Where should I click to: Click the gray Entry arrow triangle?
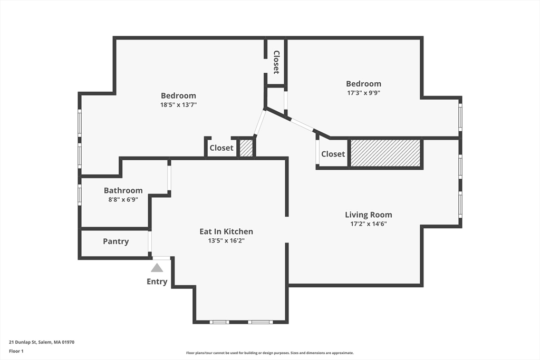click(157, 268)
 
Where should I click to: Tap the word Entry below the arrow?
click(157, 281)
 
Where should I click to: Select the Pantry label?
click(115, 241)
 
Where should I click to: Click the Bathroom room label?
click(123, 190)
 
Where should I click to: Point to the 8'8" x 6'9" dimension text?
click(123, 199)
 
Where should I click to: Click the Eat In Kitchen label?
click(226, 231)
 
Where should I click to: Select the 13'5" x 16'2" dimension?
click(226, 240)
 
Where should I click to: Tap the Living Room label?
click(369, 215)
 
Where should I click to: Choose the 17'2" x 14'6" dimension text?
click(369, 223)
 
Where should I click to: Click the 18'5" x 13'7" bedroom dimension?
click(178, 105)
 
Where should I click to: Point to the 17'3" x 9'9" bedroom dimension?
click(364, 93)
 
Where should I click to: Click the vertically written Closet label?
click(276, 62)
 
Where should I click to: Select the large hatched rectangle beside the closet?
click(385, 153)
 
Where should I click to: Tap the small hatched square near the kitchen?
click(246, 148)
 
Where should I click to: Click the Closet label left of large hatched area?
click(333, 154)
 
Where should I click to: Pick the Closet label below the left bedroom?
click(221, 148)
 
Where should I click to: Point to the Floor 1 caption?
click(16, 351)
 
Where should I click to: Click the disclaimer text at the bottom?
click(269, 353)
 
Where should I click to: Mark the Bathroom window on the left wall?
click(80, 195)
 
